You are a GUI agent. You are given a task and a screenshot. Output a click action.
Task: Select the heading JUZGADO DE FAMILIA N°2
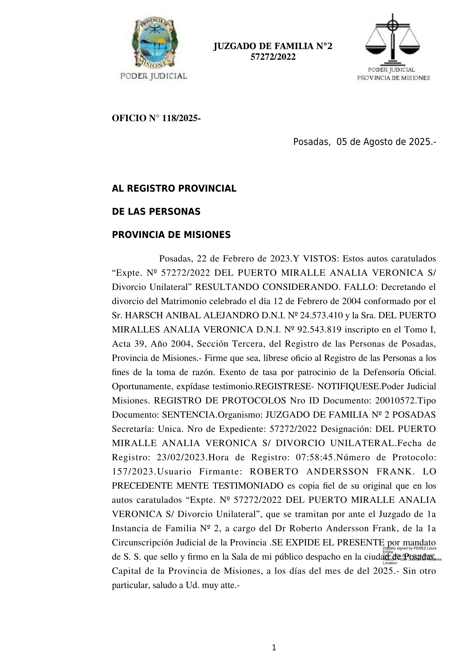click(273, 46)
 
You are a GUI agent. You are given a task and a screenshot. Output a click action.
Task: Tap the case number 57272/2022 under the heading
click(273, 57)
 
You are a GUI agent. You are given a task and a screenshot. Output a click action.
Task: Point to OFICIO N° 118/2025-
click(156, 118)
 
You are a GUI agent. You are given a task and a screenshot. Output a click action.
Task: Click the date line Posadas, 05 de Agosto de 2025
click(364, 142)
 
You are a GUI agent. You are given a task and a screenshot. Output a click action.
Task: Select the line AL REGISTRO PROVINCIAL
click(174, 189)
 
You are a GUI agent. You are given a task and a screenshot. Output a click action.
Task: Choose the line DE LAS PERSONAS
click(156, 212)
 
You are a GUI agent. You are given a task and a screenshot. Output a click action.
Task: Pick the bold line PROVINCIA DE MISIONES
click(171, 235)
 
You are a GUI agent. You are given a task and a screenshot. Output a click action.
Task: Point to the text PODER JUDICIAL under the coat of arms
click(153, 76)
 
